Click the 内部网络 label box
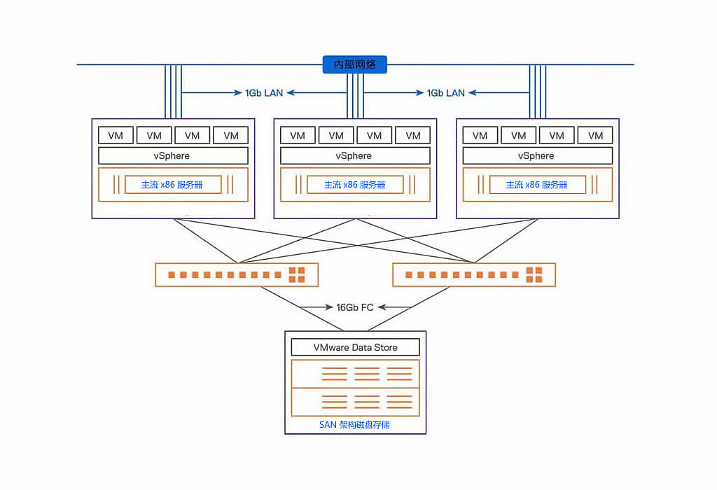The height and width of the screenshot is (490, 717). click(x=355, y=64)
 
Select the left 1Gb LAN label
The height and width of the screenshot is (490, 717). click(x=263, y=92)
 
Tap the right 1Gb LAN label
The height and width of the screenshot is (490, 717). click(x=445, y=92)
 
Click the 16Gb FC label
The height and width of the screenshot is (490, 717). click(x=355, y=307)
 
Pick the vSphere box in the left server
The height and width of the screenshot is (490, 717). click(x=173, y=155)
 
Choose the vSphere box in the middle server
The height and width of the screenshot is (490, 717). click(x=355, y=155)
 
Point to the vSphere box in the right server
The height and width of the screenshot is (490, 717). click(x=537, y=155)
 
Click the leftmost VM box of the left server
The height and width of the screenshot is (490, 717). click(x=116, y=135)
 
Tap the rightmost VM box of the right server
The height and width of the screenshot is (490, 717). click(x=595, y=135)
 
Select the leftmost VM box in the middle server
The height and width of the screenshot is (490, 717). click(x=298, y=135)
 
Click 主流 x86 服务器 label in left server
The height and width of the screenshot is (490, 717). click(x=172, y=185)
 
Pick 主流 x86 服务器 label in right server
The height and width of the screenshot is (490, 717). click(x=537, y=185)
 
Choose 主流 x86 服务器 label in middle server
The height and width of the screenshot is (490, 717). click(x=355, y=185)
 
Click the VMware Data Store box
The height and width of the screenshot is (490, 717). click(x=355, y=347)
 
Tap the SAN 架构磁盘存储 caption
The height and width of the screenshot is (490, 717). click(x=355, y=425)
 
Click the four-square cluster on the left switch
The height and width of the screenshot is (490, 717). click(x=297, y=274)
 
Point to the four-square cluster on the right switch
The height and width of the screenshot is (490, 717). click(x=535, y=274)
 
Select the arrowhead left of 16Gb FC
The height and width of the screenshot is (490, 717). click(x=329, y=307)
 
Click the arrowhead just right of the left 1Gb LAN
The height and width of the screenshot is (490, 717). click(x=289, y=92)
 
